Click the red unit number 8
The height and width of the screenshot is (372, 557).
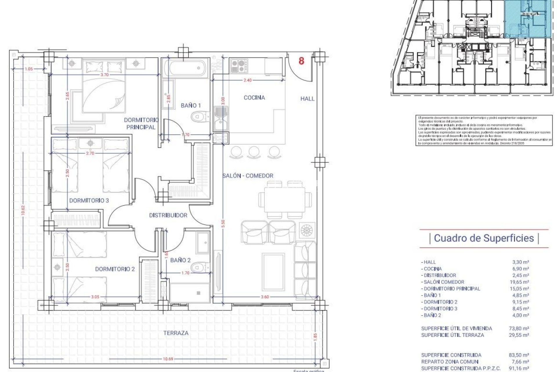coord(301,61)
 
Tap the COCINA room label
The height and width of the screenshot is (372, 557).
coord(254,98)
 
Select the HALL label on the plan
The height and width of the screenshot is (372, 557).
coord(307,99)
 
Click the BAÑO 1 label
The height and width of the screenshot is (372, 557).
coord(191,105)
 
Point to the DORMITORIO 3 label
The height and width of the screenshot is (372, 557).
coord(89,201)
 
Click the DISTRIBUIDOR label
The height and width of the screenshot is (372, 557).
coord(168,215)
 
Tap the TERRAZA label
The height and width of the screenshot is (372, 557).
coord(176,333)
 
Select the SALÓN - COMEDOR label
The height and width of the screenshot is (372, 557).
coord(248,176)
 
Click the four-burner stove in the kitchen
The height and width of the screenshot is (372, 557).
coord(239,66)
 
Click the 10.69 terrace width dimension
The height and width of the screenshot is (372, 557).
coord(168,359)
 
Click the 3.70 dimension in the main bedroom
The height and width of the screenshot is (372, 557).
coord(104,75)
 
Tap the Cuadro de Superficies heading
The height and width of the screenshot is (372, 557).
coord(484,238)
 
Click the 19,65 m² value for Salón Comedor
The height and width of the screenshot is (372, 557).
coord(520,282)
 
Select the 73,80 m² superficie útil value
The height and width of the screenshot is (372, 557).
coord(520,328)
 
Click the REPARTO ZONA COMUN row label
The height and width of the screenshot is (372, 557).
coord(450,362)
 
